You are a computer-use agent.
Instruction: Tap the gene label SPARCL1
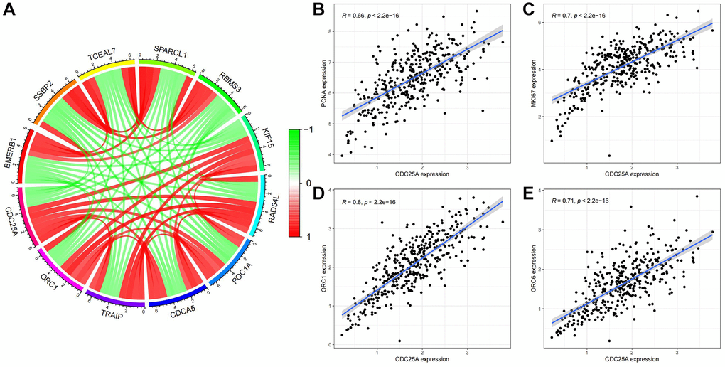pyautogui.click(x=172, y=52)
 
